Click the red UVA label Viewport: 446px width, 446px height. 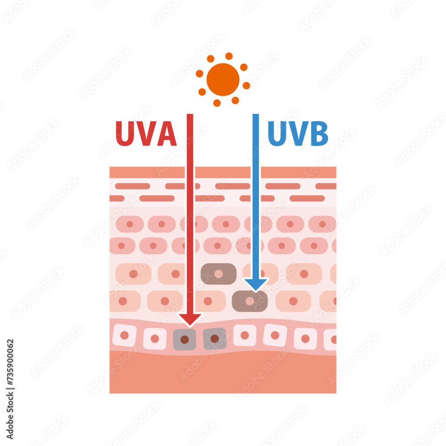click(x=146, y=133)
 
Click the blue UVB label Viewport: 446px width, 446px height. click(x=298, y=133)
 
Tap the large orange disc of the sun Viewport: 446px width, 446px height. click(x=223, y=79)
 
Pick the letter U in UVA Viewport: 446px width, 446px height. click(x=125, y=133)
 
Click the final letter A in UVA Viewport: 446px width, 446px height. click(x=167, y=133)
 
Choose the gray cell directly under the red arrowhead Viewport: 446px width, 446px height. click(x=185, y=339)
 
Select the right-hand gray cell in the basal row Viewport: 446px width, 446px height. click(x=215, y=339)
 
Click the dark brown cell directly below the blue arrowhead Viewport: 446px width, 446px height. click(x=250, y=301)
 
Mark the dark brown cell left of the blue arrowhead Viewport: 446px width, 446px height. click(x=219, y=274)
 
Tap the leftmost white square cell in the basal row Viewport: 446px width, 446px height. click(x=124, y=335)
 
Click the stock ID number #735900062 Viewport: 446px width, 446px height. click(x=10, y=362)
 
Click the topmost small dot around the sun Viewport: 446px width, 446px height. click(x=229, y=56)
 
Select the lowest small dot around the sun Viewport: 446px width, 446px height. click(x=217, y=103)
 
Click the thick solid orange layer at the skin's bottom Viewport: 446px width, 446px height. click(x=223, y=372)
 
